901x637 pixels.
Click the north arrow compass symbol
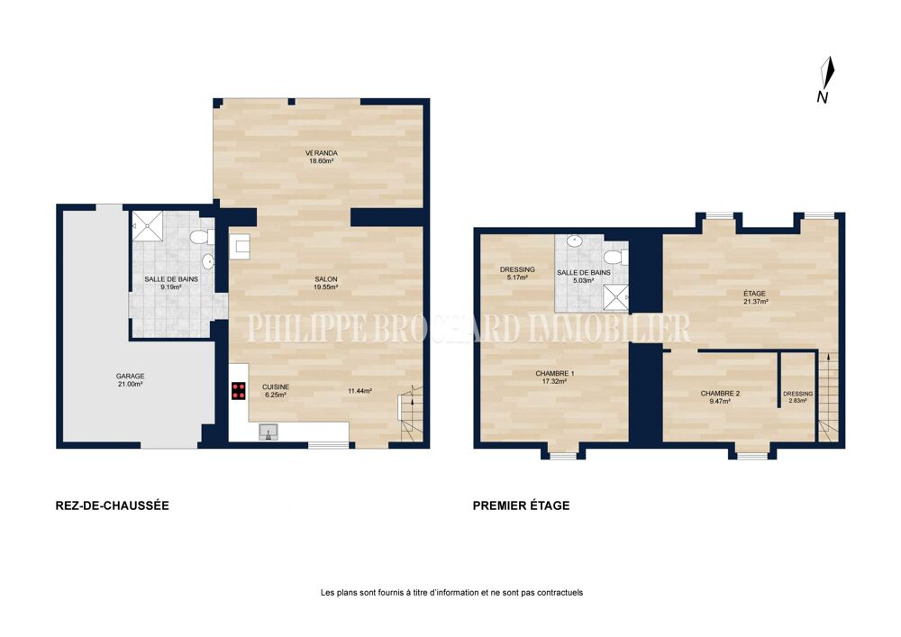point(826,79)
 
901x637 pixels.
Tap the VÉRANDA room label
point(322,153)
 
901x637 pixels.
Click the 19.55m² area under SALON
point(325,287)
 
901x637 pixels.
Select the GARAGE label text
point(131,377)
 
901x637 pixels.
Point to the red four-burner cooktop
point(239,391)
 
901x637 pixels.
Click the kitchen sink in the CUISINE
point(268,432)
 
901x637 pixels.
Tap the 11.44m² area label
point(359,391)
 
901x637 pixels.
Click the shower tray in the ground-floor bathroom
point(148,226)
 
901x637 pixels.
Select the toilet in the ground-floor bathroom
point(201,237)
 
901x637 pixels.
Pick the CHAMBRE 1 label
point(554,373)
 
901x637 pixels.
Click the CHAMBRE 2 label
point(720,394)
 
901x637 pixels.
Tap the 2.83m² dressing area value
point(798,401)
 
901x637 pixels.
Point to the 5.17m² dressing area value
point(517,277)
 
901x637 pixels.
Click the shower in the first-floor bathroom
point(615,297)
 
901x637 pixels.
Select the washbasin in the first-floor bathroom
point(575,241)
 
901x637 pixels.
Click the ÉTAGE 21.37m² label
point(755,297)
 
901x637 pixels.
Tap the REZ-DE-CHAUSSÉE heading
point(112,505)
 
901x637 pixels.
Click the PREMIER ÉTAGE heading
point(521,505)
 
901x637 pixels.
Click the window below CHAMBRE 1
point(563,456)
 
